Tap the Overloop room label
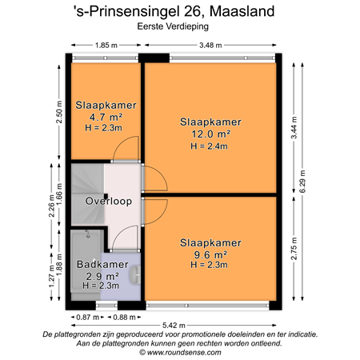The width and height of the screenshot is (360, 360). [109, 200]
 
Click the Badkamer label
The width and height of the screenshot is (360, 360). [102, 264]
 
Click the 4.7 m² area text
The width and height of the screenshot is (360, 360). [106, 117]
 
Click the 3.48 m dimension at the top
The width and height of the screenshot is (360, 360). [211, 46]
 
